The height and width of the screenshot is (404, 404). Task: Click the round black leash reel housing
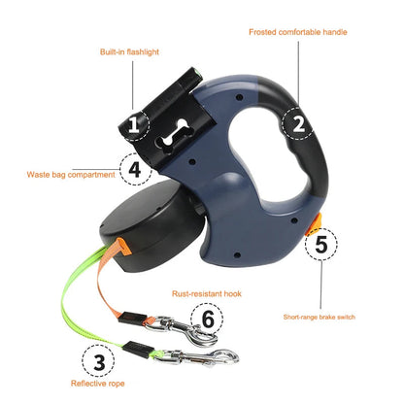coord(146,222)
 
